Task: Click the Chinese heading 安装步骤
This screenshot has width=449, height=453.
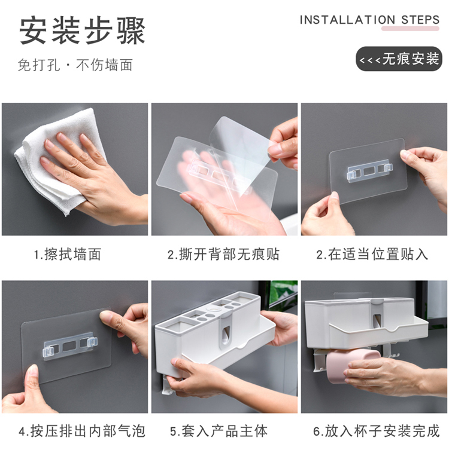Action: pos(82,31)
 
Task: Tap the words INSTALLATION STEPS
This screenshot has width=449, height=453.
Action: pos(370,20)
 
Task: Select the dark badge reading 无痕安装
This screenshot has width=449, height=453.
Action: pos(399,59)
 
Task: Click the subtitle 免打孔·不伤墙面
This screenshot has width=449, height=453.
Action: pos(75,65)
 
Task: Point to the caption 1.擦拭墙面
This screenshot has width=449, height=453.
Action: pos(68,255)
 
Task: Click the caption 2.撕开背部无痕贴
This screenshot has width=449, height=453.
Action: pos(223,255)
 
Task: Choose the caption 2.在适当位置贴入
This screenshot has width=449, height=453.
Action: pos(372,255)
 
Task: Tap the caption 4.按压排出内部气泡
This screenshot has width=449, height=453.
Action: pos(81,431)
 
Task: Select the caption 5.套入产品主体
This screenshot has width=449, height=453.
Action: pos(219,431)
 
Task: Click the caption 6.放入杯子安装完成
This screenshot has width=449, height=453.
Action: pos(377,431)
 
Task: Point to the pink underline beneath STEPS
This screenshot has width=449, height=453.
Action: pos(410,28)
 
